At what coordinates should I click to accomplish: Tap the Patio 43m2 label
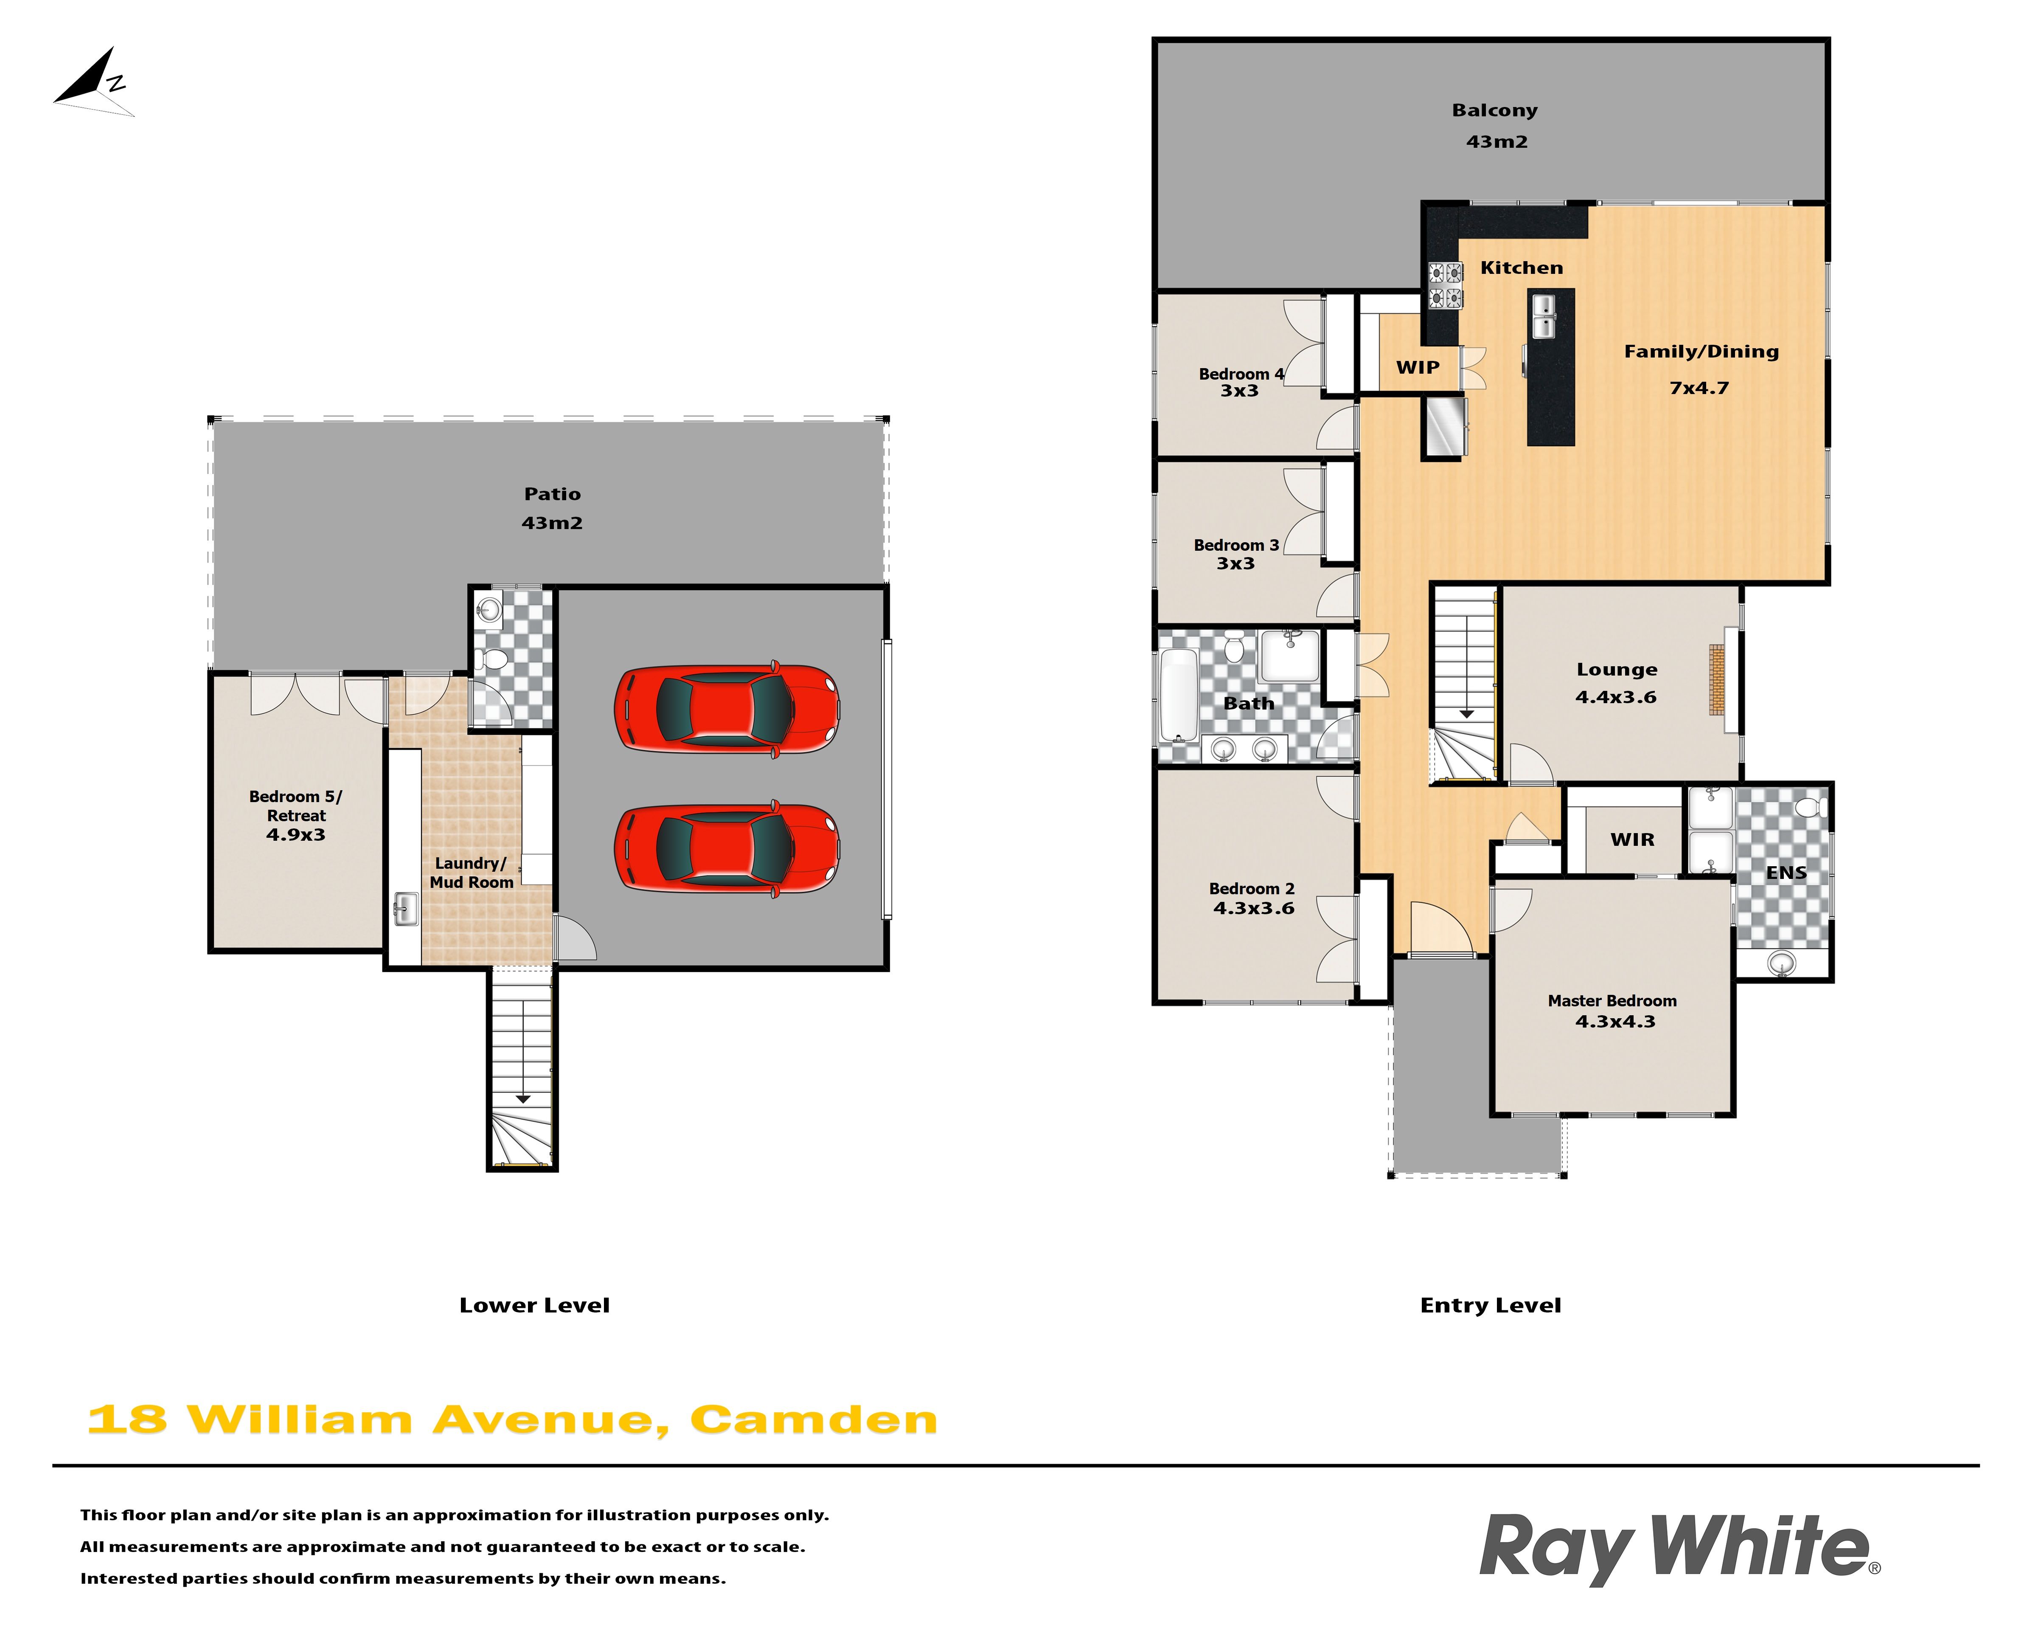pos(553,508)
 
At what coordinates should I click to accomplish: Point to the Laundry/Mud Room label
pos(472,872)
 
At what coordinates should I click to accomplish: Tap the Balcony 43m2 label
pos(1495,125)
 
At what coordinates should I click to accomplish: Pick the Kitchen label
pos(1522,268)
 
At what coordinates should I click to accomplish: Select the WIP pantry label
pos(1418,367)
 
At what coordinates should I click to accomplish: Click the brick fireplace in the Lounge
pos(1717,680)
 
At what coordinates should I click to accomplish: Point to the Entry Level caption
pos(1491,1306)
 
